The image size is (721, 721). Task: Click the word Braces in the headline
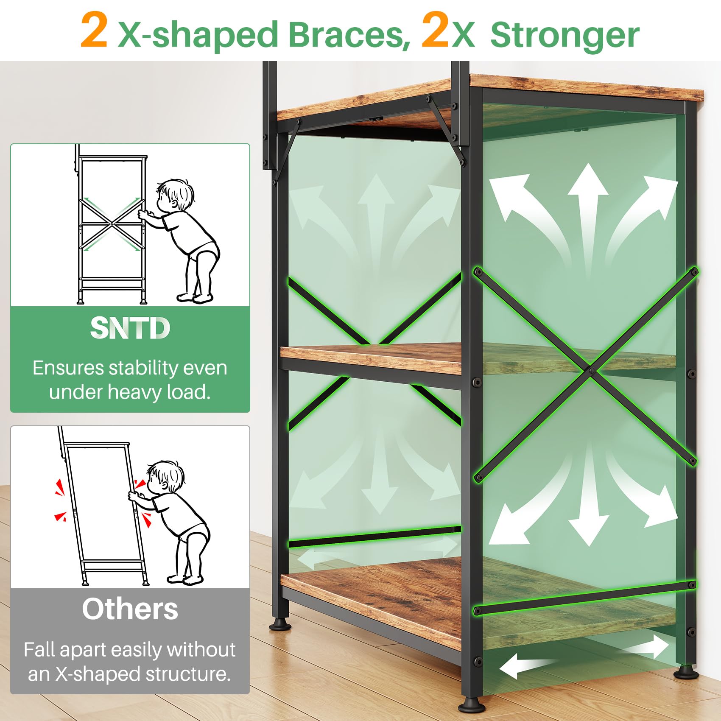point(349,35)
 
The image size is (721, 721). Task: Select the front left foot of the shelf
point(279,623)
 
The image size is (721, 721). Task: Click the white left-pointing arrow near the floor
point(526,665)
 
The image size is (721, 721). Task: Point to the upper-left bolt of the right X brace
point(478,271)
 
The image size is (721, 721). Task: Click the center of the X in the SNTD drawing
point(112,224)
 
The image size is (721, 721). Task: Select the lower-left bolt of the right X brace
point(479,478)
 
